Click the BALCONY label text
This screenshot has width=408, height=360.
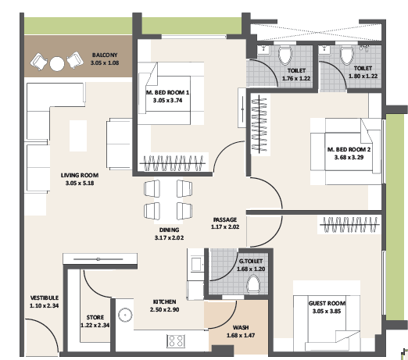pyautogui.click(x=104, y=55)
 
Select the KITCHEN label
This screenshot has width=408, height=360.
pyautogui.click(x=164, y=301)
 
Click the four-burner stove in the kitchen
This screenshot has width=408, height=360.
pyautogui.click(x=176, y=340)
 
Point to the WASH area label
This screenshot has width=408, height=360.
pyautogui.click(x=241, y=328)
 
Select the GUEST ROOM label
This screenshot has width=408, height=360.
pyautogui.click(x=327, y=303)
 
